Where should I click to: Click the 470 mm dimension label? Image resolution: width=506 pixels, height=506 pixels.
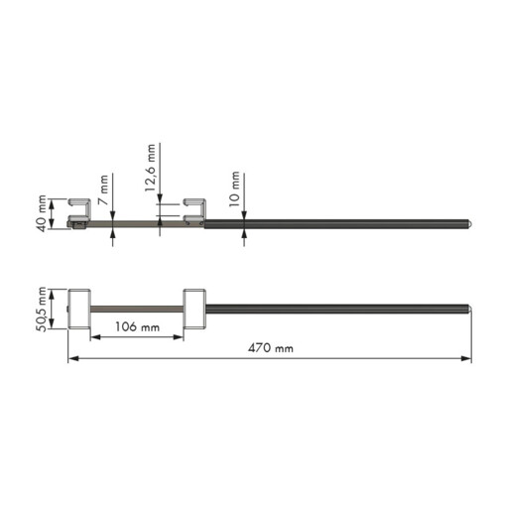pos(271,348)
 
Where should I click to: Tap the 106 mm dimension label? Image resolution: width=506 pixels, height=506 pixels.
pos(137,326)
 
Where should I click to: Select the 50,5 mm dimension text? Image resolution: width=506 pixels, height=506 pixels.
pos(42,310)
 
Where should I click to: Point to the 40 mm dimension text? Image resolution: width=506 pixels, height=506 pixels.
pos(42,213)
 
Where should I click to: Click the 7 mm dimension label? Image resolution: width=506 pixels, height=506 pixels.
pos(104,190)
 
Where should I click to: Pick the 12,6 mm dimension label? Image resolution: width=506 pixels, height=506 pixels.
pos(150,168)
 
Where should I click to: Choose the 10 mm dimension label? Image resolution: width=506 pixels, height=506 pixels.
pos(234,189)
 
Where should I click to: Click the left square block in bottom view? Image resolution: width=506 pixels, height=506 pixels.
pos(79,310)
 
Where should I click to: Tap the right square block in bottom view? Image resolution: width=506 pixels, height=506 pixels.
pos(194,310)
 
